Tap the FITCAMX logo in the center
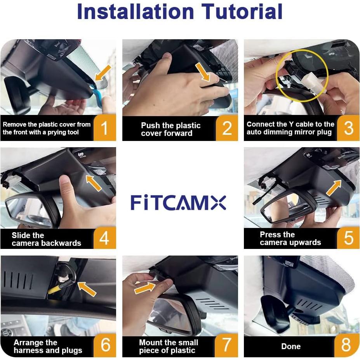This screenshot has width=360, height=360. (x=178, y=203)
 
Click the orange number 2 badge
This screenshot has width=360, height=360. (x=227, y=128)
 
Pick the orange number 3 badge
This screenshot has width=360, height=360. (x=348, y=128)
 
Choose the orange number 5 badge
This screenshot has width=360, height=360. (x=348, y=238)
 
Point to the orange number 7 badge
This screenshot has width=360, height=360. (x=227, y=345)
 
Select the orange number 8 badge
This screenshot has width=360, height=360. (x=346, y=345)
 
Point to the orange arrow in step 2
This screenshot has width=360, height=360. (x=202, y=72)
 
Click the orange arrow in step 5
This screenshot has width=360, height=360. (x=334, y=188)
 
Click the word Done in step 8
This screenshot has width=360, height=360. (x=291, y=346)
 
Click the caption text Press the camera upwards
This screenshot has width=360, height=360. (x=290, y=238)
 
